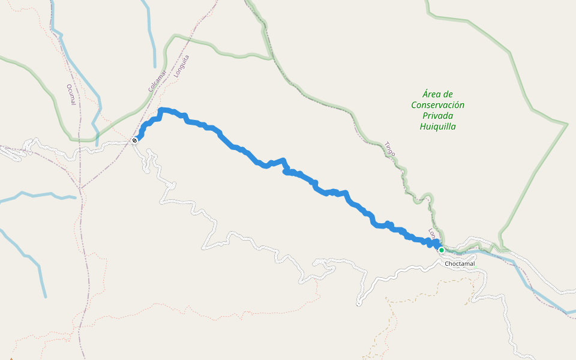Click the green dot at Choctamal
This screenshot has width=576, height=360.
[x=442, y=250]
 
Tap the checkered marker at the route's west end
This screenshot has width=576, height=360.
[x=135, y=140]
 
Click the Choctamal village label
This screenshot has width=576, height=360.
[x=460, y=263]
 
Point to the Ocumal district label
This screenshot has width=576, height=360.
[x=71, y=95]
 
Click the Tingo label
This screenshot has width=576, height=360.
[x=390, y=149]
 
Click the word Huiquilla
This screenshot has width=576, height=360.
[x=437, y=127]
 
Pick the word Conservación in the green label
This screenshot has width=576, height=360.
[x=437, y=105]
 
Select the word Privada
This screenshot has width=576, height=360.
[x=437, y=116]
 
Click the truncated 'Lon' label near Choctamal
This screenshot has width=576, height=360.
[x=431, y=234]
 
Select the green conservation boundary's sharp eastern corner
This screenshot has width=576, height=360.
[x=567, y=124]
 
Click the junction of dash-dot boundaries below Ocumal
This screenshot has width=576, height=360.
[x=80, y=188]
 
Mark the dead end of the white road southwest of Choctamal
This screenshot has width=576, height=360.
[x=358, y=304]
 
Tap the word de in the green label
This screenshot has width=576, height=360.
[x=446, y=94]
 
